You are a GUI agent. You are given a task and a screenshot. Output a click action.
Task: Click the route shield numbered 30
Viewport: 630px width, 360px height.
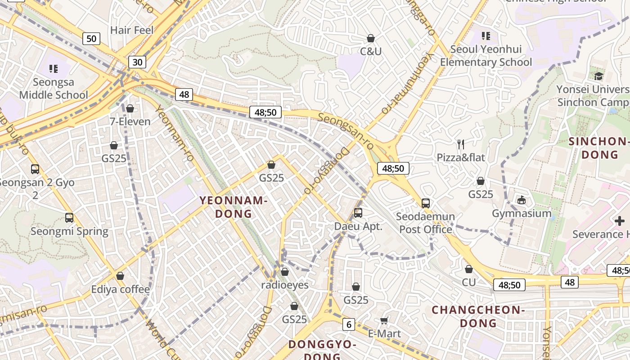tap(137, 62)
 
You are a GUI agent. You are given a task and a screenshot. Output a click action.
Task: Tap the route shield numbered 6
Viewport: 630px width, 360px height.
tap(348, 324)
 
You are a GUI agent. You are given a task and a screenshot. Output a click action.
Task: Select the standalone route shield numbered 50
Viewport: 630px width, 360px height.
tap(91, 39)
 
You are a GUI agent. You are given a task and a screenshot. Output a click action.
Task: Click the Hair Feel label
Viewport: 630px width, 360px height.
tap(132, 30)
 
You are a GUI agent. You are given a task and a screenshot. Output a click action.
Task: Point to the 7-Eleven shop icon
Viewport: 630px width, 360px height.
tap(130, 108)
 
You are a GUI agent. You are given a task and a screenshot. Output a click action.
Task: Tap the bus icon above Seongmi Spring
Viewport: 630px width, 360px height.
tap(69, 218)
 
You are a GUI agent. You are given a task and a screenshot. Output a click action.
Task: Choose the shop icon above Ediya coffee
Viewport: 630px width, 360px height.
tap(120, 276)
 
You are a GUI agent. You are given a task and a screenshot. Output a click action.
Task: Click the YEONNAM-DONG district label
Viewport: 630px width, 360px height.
tap(234, 207)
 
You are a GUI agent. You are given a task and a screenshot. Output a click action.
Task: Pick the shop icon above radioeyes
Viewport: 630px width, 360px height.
tap(285, 272)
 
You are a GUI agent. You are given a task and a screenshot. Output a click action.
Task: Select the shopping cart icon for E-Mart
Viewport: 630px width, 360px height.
tap(384, 320)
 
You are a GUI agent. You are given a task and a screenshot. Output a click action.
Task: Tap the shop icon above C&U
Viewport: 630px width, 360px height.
tap(371, 38)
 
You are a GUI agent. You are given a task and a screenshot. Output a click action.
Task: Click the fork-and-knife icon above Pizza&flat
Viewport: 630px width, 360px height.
tap(461, 144)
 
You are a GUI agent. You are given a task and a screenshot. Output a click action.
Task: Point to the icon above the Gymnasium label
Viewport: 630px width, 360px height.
tap(522, 199)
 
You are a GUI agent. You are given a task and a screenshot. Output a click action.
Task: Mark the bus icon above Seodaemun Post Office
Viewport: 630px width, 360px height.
tap(426, 203)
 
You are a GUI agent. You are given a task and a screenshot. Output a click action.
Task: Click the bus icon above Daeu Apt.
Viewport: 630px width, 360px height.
tap(358, 213)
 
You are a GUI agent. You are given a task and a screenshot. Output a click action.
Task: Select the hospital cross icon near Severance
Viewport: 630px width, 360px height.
tap(620, 221)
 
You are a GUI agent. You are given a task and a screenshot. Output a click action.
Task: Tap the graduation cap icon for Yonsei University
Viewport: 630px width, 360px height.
tap(598, 76)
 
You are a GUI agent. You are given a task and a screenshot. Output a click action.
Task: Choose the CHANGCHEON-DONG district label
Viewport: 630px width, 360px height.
tap(478, 316)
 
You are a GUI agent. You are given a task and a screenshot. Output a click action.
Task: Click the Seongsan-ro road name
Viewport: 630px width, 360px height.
tap(346, 131)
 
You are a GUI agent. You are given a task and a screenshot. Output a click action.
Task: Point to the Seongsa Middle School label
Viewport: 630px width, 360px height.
tap(54, 89)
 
